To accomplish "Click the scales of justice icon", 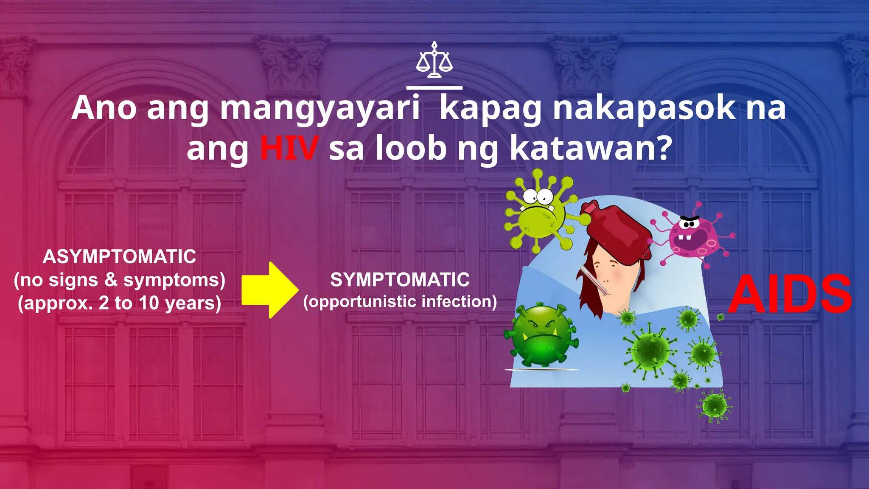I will pyautogui.click(x=434, y=60).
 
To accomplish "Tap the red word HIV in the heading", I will pyautogui.click(x=289, y=148).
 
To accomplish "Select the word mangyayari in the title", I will pyautogui.click(x=320, y=109).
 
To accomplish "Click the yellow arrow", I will pyautogui.click(x=270, y=290).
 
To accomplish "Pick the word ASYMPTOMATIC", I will pyautogui.click(x=120, y=257).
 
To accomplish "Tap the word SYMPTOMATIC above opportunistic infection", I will pyautogui.click(x=400, y=280).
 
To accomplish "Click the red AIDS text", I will pyautogui.click(x=790, y=294).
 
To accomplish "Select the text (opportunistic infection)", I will pyautogui.click(x=400, y=302).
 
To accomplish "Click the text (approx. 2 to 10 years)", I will pyautogui.click(x=120, y=304).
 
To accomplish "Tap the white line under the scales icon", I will pyautogui.click(x=434, y=88).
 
